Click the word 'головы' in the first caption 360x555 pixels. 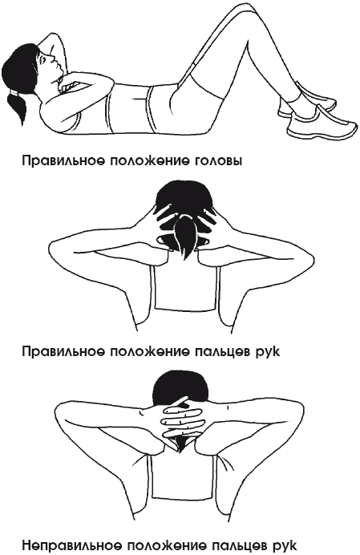[218, 161]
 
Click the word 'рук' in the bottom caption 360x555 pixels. [282, 545]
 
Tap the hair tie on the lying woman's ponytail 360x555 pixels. [15, 92]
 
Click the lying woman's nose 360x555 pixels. [52, 56]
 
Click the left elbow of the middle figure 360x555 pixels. [57, 252]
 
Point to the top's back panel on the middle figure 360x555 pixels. [186, 290]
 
